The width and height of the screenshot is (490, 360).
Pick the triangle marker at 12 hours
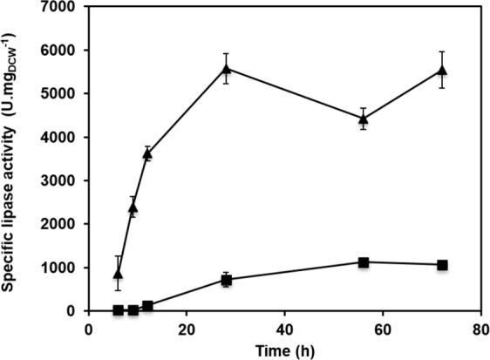coord(147,154)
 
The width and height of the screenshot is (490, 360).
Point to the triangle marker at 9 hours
coord(133,207)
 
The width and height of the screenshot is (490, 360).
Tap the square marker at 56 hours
coord(364,262)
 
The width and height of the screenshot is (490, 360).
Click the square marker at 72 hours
coord(442,265)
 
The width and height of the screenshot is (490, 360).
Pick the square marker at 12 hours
coord(147,306)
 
